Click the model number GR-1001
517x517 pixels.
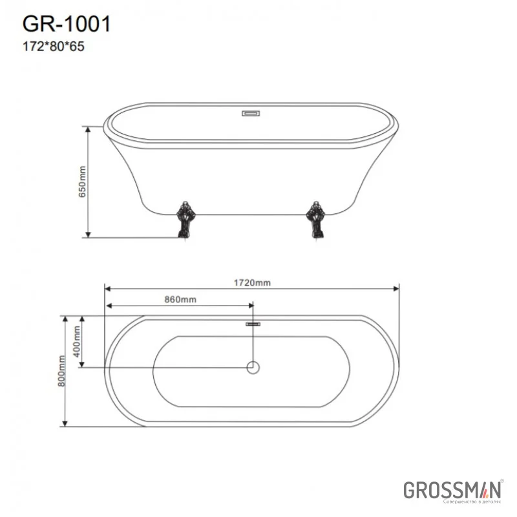pyautogui.click(x=67, y=24)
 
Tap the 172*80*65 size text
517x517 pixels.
pyautogui.click(x=54, y=46)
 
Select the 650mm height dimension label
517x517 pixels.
pyautogui.click(x=82, y=181)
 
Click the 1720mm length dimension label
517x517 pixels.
pyautogui.click(x=253, y=282)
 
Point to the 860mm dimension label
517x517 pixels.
pyautogui.click(x=180, y=299)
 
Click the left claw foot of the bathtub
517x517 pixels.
pyautogui.click(x=184, y=220)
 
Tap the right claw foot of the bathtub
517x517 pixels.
pyautogui.click(x=317, y=220)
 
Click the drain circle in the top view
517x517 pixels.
pyautogui.click(x=253, y=368)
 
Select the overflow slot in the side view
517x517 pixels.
pyautogui.click(x=251, y=114)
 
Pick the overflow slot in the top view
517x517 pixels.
pyautogui.click(x=253, y=323)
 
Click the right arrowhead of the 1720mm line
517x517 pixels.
pyautogui.click(x=396, y=289)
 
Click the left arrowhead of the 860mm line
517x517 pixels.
pyautogui.click(x=109, y=306)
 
